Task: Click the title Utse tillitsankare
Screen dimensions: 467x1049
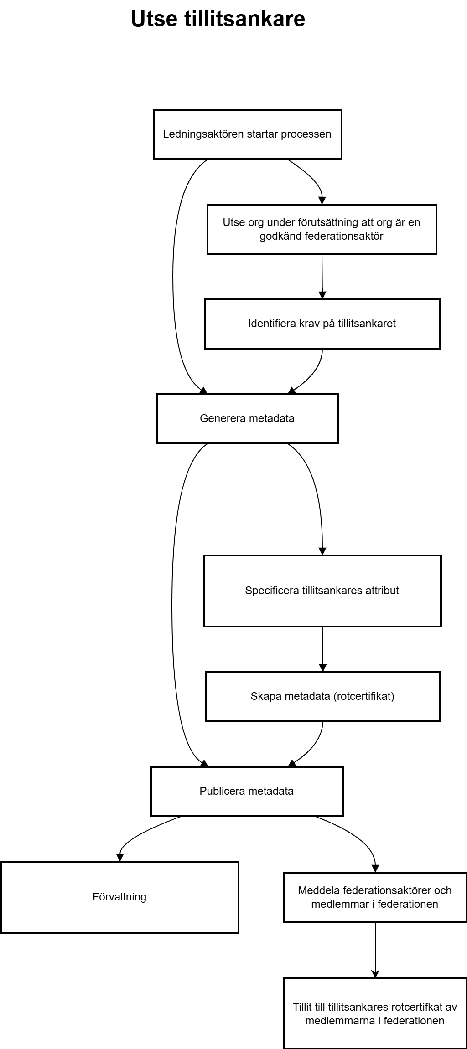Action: (x=218, y=19)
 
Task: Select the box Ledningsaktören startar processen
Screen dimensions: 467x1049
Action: (x=248, y=134)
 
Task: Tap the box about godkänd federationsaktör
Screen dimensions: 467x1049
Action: (x=322, y=229)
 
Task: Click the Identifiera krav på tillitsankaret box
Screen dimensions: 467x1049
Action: (x=322, y=324)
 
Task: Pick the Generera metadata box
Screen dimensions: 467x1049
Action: (x=248, y=419)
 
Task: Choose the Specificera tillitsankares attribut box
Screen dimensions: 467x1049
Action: (x=322, y=591)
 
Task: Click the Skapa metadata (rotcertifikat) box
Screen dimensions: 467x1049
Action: (x=323, y=697)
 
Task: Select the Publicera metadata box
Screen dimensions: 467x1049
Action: (x=247, y=792)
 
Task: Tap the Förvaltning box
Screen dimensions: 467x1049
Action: (x=120, y=897)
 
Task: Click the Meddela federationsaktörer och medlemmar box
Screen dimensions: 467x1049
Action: (x=375, y=897)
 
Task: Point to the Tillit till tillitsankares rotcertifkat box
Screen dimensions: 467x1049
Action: (x=375, y=1014)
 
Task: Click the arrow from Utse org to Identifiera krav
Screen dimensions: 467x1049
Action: (x=322, y=277)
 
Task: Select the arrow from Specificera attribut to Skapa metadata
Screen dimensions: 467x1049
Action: (x=323, y=649)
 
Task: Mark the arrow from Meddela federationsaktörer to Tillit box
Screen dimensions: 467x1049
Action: (x=375, y=950)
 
